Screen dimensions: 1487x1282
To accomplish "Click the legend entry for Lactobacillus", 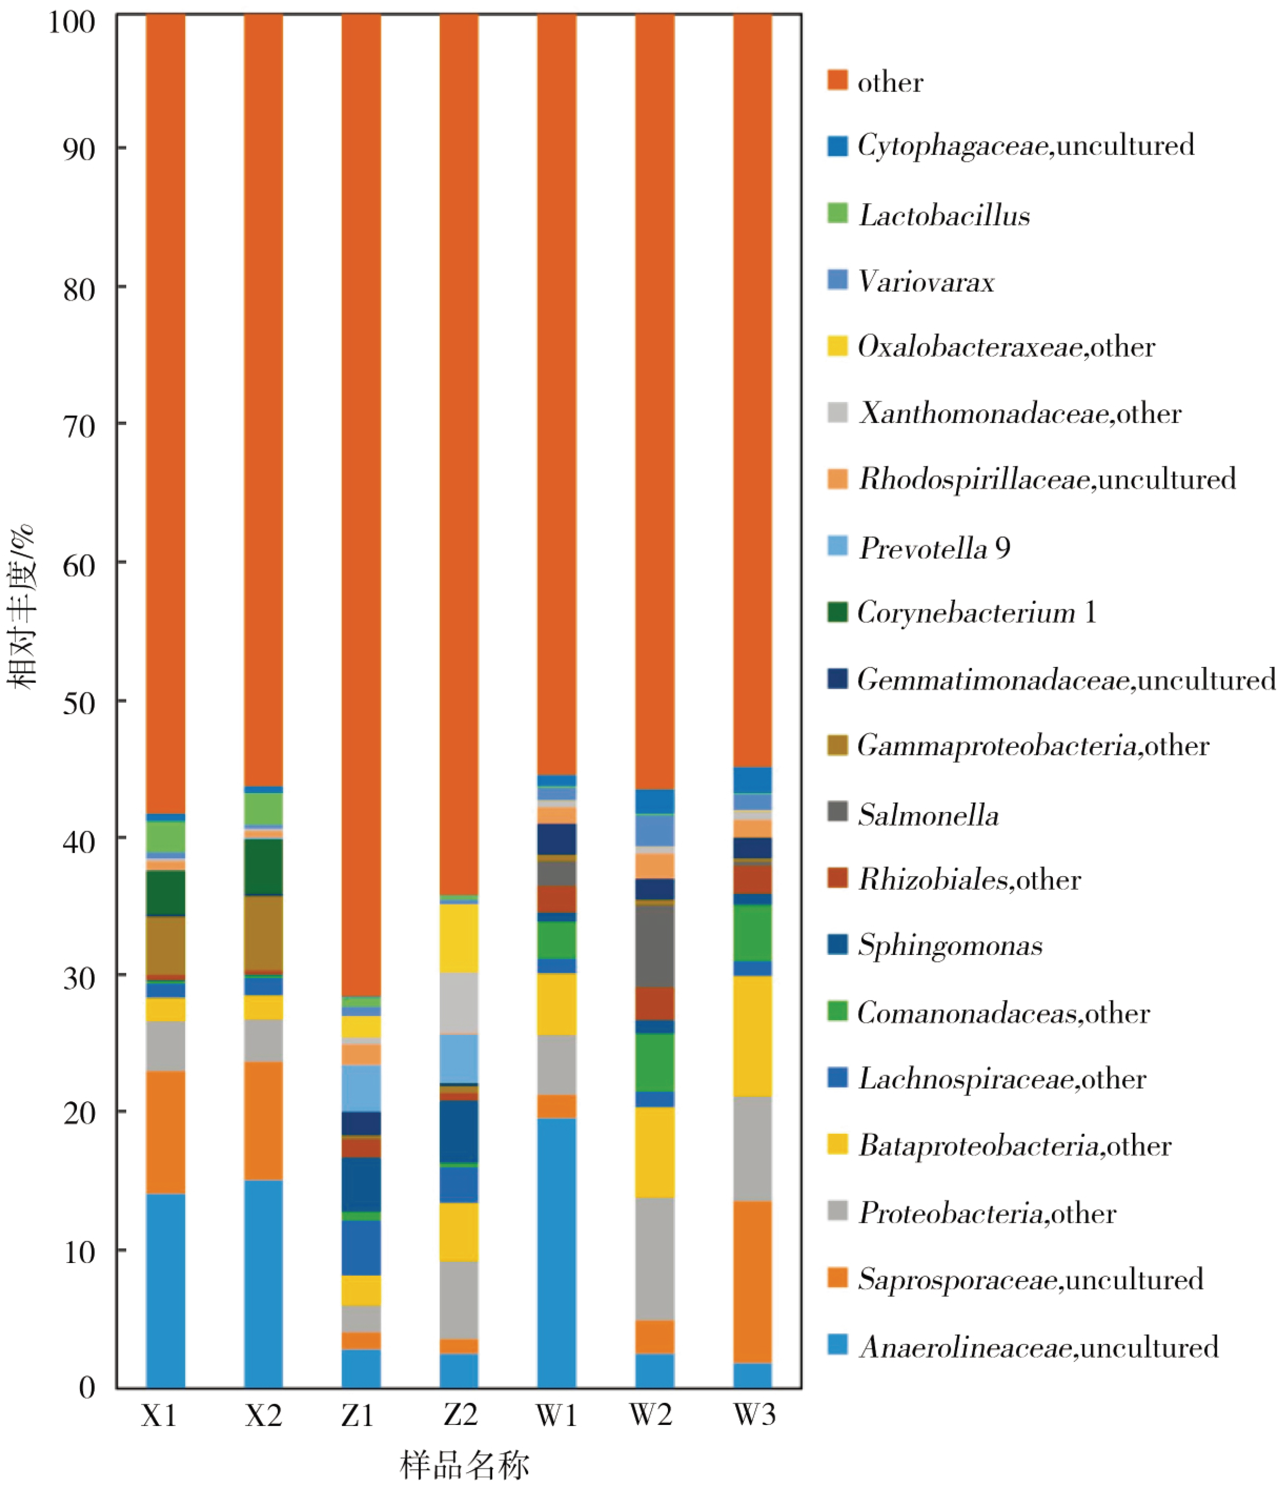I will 944,215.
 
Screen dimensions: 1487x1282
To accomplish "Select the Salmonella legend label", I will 928,815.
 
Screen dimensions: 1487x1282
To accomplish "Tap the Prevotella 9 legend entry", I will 934,548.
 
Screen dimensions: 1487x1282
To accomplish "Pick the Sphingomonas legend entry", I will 950,945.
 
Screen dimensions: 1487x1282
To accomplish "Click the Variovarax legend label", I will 926,282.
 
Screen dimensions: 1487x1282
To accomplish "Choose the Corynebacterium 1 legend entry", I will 976,612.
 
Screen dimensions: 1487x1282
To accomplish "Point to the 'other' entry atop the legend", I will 890,82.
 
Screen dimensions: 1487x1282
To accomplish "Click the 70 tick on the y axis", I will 79,426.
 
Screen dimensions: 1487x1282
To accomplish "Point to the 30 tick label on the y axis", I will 79,977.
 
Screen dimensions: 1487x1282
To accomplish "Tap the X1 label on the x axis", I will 159,1415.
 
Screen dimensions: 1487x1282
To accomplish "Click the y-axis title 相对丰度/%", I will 21,606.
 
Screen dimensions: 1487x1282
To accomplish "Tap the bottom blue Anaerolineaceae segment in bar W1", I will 556,1252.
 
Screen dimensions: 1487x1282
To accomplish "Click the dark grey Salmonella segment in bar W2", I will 655,946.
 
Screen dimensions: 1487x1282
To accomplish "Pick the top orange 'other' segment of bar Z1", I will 361,502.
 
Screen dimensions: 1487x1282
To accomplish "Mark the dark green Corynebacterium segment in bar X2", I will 263,867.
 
